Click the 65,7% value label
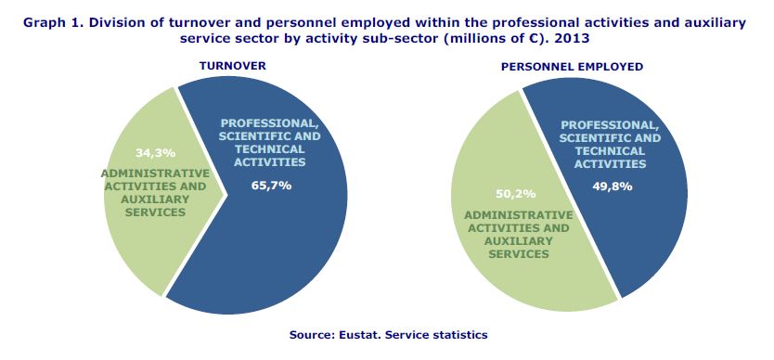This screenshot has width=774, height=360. click(271, 186)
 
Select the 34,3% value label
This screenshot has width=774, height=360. click(155, 152)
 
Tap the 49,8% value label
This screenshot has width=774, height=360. click(613, 186)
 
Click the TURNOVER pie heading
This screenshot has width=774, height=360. click(233, 66)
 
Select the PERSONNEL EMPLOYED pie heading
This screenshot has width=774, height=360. click(572, 67)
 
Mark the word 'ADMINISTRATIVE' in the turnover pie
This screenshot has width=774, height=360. click(155, 174)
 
